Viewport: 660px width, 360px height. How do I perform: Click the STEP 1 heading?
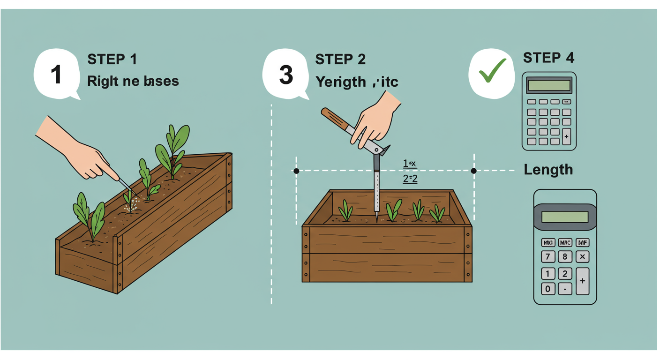click(x=112, y=60)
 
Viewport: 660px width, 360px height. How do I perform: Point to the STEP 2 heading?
click(x=340, y=60)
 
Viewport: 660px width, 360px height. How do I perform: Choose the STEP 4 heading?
click(x=548, y=58)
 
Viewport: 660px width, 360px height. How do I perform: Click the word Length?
click(x=548, y=169)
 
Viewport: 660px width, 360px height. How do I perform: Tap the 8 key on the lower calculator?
click(x=565, y=257)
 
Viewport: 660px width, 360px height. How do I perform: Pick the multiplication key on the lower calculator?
click(x=582, y=257)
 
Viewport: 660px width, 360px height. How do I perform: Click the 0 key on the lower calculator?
click(x=547, y=288)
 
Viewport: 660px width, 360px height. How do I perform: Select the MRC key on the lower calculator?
click(x=565, y=243)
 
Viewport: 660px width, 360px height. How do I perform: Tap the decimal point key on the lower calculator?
click(x=565, y=288)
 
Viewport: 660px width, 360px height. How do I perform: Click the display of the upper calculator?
click(x=549, y=85)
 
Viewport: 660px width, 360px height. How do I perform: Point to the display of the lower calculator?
click(x=565, y=217)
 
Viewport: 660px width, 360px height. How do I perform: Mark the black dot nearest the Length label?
click(x=473, y=171)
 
